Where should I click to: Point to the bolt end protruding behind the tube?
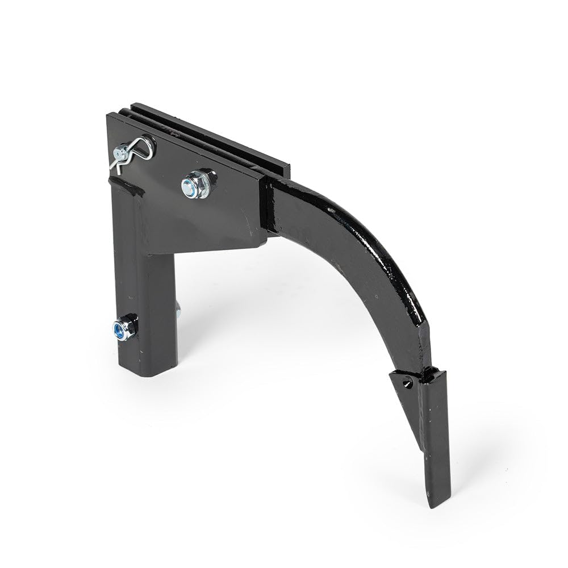click(x=178, y=310)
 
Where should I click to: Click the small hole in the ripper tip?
click(x=407, y=383)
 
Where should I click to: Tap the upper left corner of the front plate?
click(x=108, y=116)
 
